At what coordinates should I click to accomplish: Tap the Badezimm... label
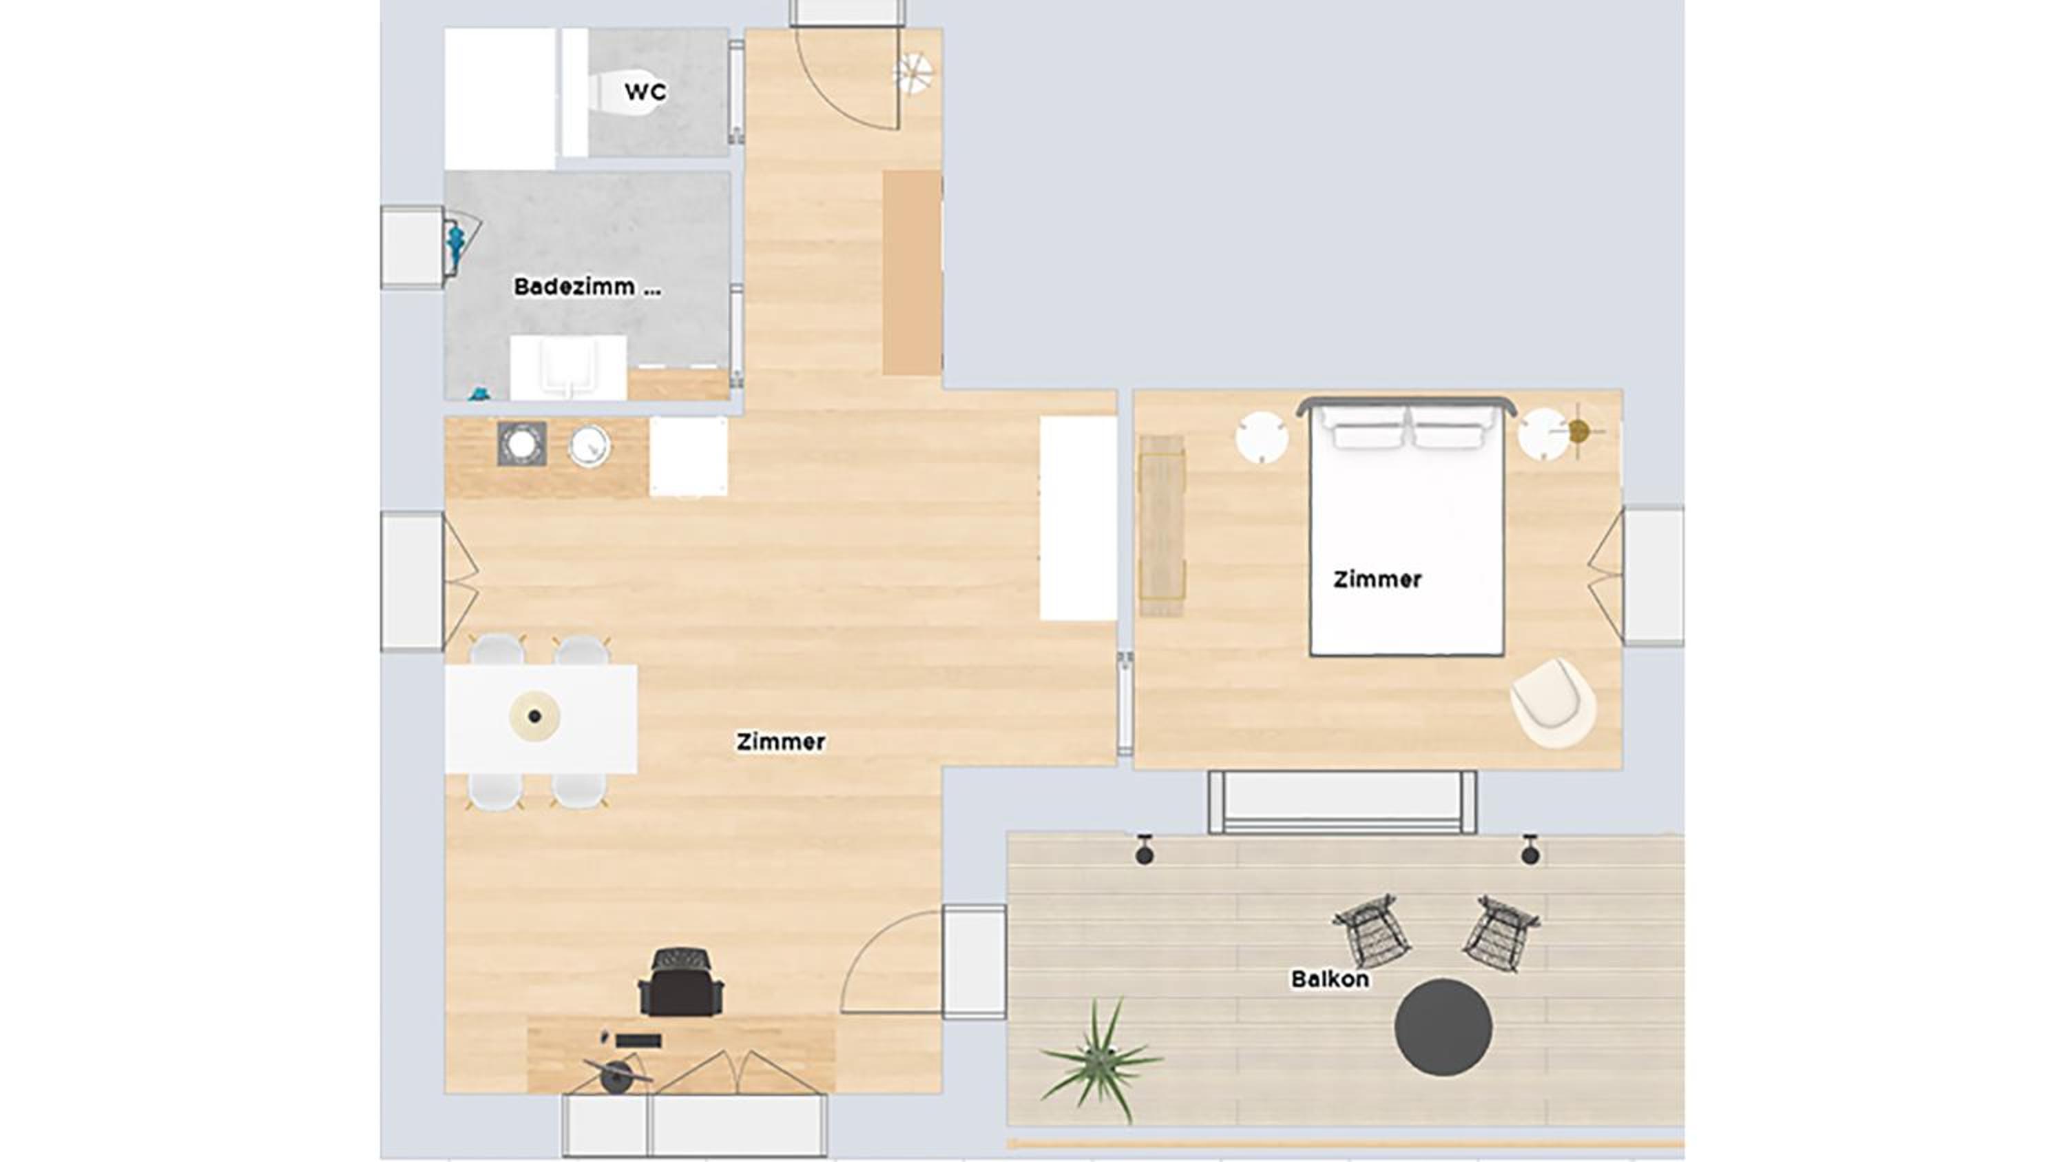(x=587, y=287)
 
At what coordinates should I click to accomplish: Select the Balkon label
(x=1330, y=979)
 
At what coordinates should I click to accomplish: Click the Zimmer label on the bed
(x=1377, y=579)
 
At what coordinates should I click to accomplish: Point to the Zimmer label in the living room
(x=780, y=742)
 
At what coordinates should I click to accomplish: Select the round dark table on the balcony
(x=1443, y=1026)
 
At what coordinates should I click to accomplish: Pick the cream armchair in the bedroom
(x=1553, y=703)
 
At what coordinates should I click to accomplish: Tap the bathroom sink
(x=569, y=367)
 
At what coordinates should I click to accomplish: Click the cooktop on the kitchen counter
(x=522, y=444)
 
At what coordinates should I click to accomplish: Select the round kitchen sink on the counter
(x=589, y=445)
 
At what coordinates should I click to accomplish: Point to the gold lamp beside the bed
(x=1578, y=431)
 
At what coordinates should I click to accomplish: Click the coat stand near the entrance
(x=912, y=73)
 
